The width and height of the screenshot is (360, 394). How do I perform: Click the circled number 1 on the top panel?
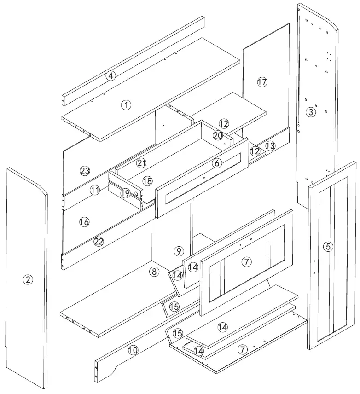[x=125, y=105]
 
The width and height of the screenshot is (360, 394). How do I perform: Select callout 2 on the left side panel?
[x=28, y=279]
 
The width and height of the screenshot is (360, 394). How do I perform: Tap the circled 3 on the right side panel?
[x=311, y=112]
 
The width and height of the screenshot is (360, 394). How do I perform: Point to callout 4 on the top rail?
[x=110, y=76]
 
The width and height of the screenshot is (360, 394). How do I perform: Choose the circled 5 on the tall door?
[x=328, y=247]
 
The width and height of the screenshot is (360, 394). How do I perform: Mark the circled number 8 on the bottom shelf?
[x=154, y=272]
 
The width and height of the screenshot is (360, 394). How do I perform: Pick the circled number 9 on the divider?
[x=179, y=251]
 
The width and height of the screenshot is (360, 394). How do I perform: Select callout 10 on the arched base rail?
[x=133, y=350]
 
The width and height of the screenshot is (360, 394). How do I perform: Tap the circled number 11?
[x=95, y=190]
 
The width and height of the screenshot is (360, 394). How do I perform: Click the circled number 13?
[x=270, y=146]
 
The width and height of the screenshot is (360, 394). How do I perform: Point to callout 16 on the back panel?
[x=84, y=222]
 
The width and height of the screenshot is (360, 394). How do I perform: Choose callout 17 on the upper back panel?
[x=262, y=82]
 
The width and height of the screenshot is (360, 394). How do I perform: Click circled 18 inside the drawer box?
[x=147, y=181]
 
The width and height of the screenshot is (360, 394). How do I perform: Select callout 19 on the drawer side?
[x=125, y=194]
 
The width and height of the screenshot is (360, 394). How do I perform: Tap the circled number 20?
[x=218, y=135]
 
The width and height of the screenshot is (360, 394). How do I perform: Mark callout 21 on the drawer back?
[x=142, y=162]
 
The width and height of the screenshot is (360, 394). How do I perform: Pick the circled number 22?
[x=99, y=241]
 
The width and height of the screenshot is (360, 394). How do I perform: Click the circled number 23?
[x=84, y=171]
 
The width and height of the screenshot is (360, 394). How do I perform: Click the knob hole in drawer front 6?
[x=203, y=178]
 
